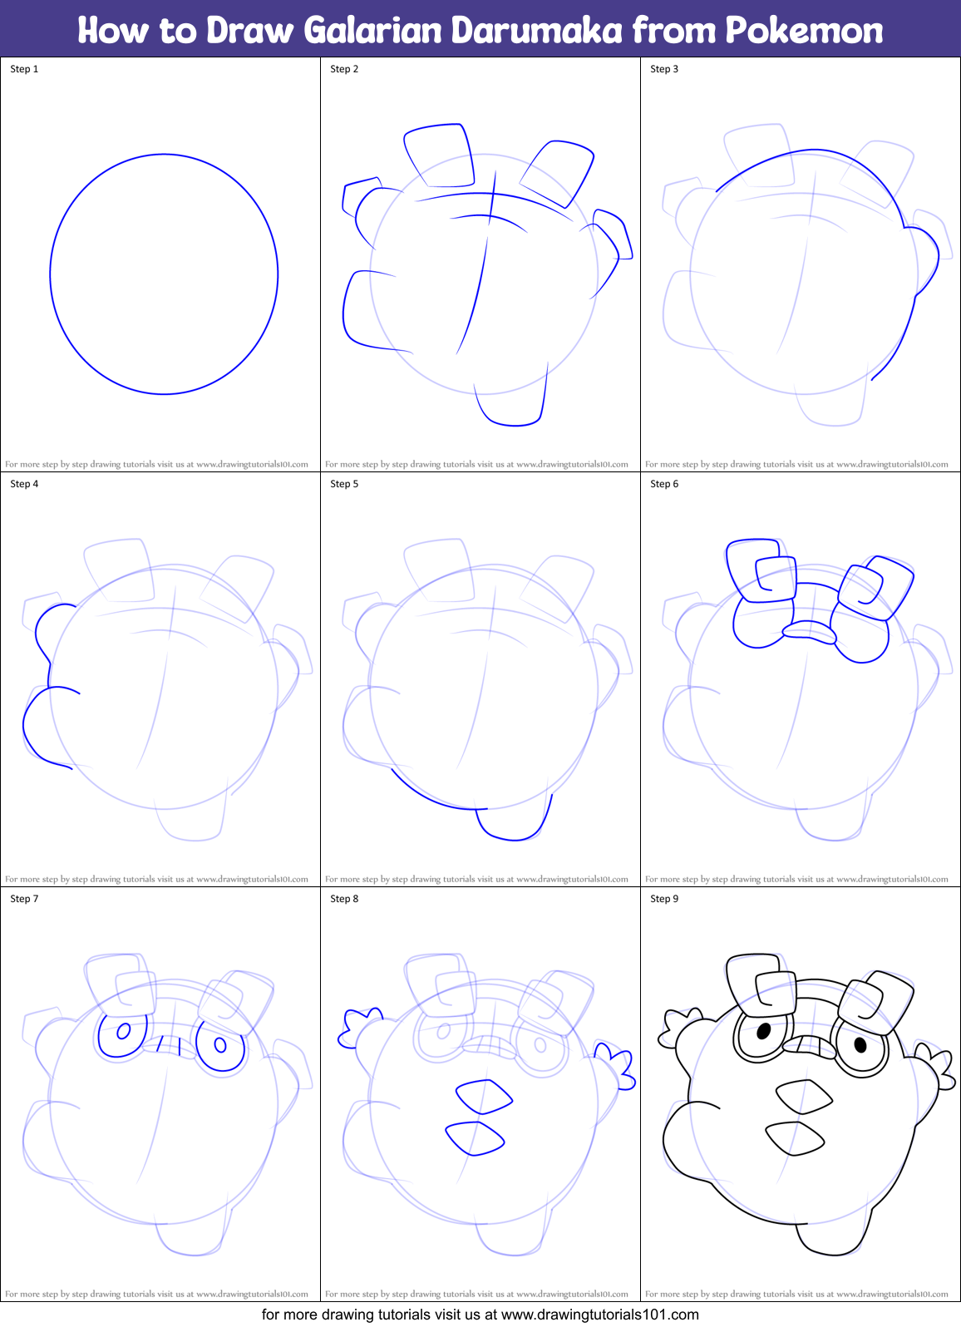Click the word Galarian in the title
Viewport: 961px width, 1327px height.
point(372,30)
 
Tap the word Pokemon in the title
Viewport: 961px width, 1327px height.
point(804,30)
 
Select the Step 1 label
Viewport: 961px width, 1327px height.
point(24,69)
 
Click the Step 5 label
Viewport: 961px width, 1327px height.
point(344,484)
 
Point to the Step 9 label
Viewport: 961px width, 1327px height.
point(664,899)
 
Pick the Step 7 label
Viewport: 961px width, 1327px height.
point(24,899)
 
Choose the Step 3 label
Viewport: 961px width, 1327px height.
point(664,69)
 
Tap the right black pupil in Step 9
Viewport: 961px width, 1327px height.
point(860,1044)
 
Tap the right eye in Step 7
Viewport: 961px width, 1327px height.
point(220,1045)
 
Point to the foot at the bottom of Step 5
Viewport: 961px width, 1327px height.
point(513,823)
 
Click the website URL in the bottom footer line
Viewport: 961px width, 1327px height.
point(599,1315)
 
